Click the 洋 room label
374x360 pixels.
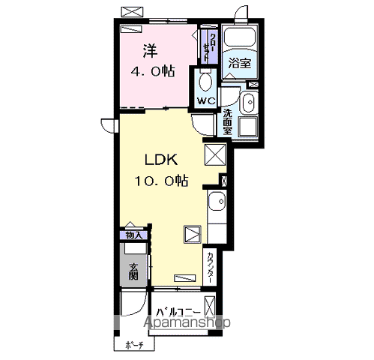pos(150,51)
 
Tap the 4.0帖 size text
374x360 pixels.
pos(153,71)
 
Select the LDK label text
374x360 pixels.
pos(161,160)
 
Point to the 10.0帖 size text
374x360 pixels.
pos(161,181)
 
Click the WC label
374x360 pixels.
pos(206,101)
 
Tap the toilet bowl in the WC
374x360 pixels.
pos(205,81)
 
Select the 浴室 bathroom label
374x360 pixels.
pos(240,63)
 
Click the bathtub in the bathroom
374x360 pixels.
pos(240,37)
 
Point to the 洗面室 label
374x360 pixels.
pos(227,122)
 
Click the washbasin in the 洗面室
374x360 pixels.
pos(249,102)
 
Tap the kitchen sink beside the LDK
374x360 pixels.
pos(217,201)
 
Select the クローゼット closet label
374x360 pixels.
pos(209,47)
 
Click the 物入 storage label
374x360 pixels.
pos(133,235)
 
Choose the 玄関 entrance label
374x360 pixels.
pos(133,271)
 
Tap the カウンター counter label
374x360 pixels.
pos(210,268)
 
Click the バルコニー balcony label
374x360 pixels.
pos(178,313)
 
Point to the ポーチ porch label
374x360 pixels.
pos(134,346)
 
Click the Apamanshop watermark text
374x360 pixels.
pos(187,322)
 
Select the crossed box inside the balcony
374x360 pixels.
pos(210,307)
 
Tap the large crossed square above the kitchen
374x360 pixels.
pos(215,154)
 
